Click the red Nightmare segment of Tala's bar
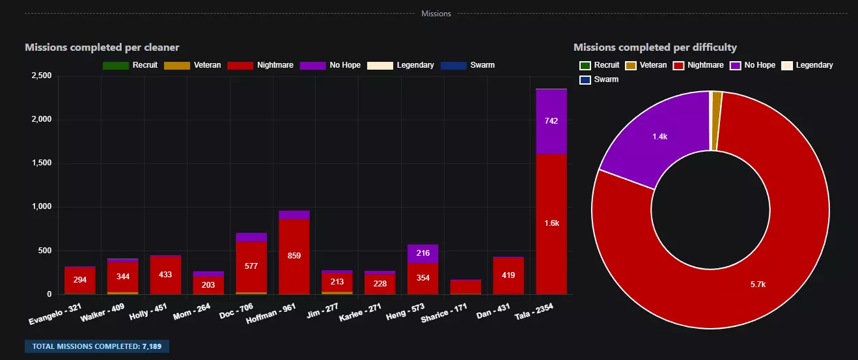click(x=551, y=223)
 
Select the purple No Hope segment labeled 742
click(x=551, y=121)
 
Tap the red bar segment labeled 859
click(x=294, y=256)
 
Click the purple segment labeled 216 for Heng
click(x=422, y=253)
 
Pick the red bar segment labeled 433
click(x=166, y=275)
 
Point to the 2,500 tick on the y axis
click(x=41, y=76)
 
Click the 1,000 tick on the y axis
click(x=41, y=207)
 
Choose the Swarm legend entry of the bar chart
click(x=468, y=65)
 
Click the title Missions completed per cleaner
click(x=102, y=48)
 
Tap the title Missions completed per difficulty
click(x=655, y=48)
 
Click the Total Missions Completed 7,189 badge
click(x=97, y=346)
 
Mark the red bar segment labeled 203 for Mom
click(x=208, y=285)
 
